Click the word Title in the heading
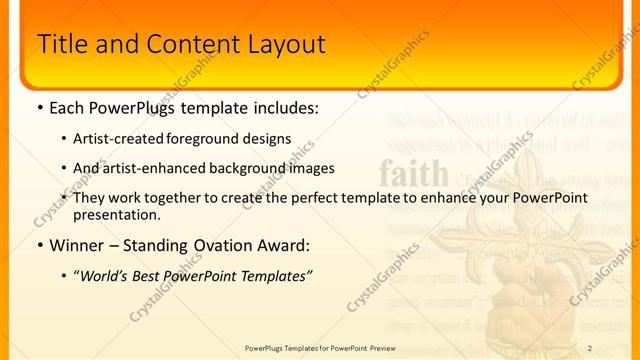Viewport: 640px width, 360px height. coord(60,45)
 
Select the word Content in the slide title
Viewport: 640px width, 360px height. coord(189,45)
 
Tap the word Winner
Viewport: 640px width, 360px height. coord(77,245)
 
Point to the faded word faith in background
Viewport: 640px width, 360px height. coord(414,174)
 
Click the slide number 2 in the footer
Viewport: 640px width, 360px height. coord(590,348)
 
